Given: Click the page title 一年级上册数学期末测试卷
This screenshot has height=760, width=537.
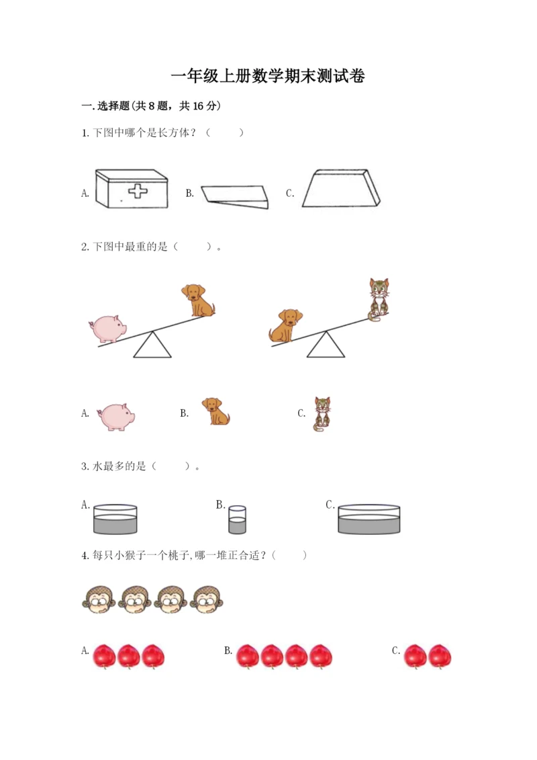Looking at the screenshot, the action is [268, 76].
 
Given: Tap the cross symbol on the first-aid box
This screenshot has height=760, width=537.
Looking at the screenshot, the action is [138, 190].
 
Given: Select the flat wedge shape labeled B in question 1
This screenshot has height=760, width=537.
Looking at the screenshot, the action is [235, 197].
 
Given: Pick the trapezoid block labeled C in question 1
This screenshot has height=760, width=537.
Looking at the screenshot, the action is [341, 189].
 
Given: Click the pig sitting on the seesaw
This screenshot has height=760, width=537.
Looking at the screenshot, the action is [107, 329].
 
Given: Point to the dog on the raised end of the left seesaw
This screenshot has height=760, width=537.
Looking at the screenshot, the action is [198, 300].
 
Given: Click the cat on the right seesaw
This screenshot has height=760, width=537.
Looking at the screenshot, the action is [379, 300].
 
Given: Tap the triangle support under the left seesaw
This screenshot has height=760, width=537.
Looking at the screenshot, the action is [152, 345].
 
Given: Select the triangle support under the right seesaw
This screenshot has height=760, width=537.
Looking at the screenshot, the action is [326, 345].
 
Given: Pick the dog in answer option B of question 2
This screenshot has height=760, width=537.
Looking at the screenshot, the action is [215, 411].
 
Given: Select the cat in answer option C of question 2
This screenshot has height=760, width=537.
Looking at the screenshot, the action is [322, 414].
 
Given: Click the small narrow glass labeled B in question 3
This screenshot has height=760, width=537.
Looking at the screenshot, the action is [237, 519].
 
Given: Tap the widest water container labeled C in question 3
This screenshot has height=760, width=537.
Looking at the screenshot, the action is [369, 519].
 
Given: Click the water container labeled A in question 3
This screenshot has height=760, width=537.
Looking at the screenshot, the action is [115, 519].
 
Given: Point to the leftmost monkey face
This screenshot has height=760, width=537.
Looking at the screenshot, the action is [99, 601].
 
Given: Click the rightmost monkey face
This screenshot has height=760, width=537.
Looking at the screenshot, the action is [207, 600].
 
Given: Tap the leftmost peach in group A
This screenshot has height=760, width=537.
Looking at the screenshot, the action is [104, 657].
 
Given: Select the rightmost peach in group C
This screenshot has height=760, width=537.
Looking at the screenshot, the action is [440, 657].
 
